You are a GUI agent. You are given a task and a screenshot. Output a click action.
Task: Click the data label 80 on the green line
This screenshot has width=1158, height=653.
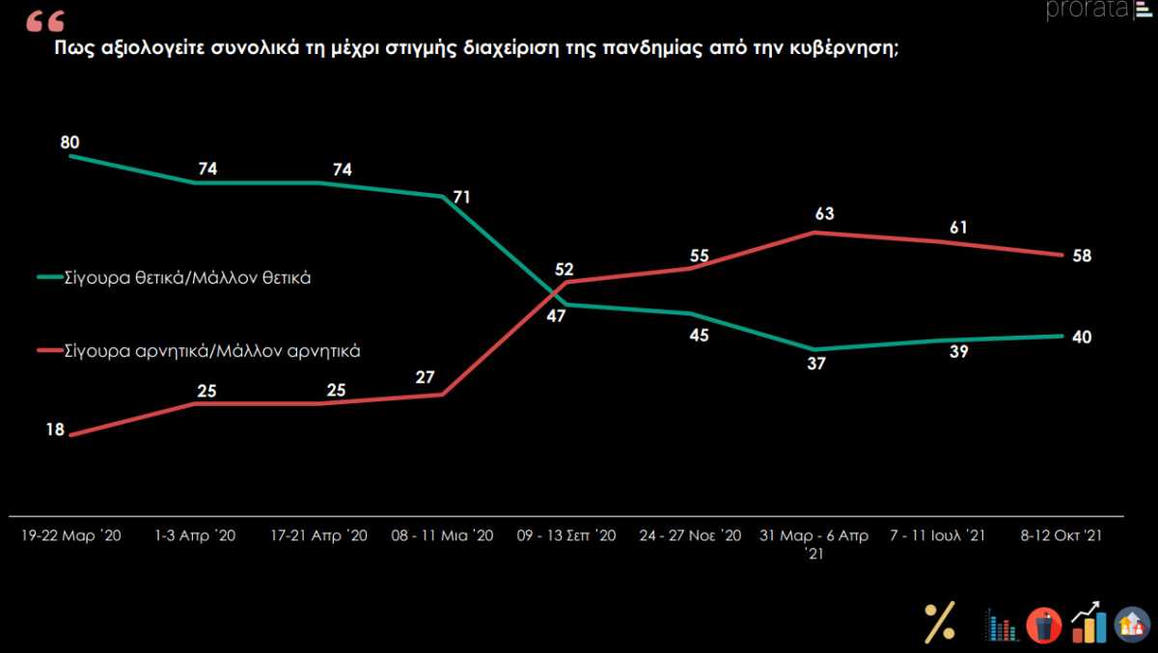69,142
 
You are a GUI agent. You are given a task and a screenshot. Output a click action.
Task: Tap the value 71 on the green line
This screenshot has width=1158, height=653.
461,197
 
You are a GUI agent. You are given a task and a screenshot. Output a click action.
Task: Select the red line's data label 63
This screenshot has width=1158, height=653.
824,213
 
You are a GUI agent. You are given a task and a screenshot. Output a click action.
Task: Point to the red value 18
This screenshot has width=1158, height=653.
55,430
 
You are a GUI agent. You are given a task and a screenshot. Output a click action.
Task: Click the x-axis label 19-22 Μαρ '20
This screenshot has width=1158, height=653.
71,535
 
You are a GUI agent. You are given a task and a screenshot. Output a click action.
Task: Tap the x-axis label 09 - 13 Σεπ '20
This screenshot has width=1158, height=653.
566,535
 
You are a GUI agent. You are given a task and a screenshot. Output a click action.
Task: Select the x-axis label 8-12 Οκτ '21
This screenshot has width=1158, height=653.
1061,535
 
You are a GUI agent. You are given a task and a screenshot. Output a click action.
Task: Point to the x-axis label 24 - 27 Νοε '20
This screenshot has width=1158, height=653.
690,535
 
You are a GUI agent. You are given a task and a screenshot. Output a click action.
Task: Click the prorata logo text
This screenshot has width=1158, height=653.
1089,10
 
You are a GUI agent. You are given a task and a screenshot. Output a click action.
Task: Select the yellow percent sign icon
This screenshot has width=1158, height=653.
939,622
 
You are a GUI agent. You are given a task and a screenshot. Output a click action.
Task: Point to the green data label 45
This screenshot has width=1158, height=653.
699,336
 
